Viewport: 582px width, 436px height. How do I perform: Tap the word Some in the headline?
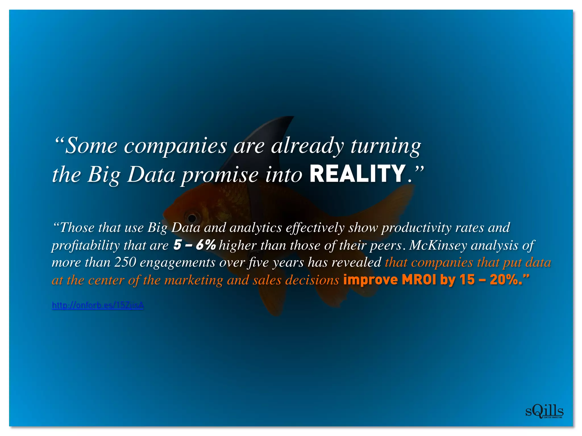pyautogui.click(x=91, y=146)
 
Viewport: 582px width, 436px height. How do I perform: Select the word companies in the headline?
pyautogui.click(x=175, y=146)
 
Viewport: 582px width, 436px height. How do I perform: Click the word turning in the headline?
pyautogui.click(x=386, y=146)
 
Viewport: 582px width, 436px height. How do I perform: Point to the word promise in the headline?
pyautogui.click(x=220, y=175)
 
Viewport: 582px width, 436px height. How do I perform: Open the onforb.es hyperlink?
pyautogui.click(x=98, y=305)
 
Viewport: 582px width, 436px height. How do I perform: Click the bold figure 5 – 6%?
pyautogui.click(x=195, y=245)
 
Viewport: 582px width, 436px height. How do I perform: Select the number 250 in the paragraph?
pyautogui.click(x=125, y=262)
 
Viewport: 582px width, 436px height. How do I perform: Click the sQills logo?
pyautogui.click(x=544, y=412)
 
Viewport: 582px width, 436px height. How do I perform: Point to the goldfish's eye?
pyautogui.click(x=192, y=218)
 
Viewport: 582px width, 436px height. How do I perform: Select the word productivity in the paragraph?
pyautogui.click(x=416, y=228)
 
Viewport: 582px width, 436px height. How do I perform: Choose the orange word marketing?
pyautogui.click(x=194, y=280)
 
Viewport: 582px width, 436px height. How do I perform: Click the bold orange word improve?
pyautogui.click(x=371, y=280)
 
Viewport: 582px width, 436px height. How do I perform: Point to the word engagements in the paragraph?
pyautogui.click(x=177, y=263)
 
